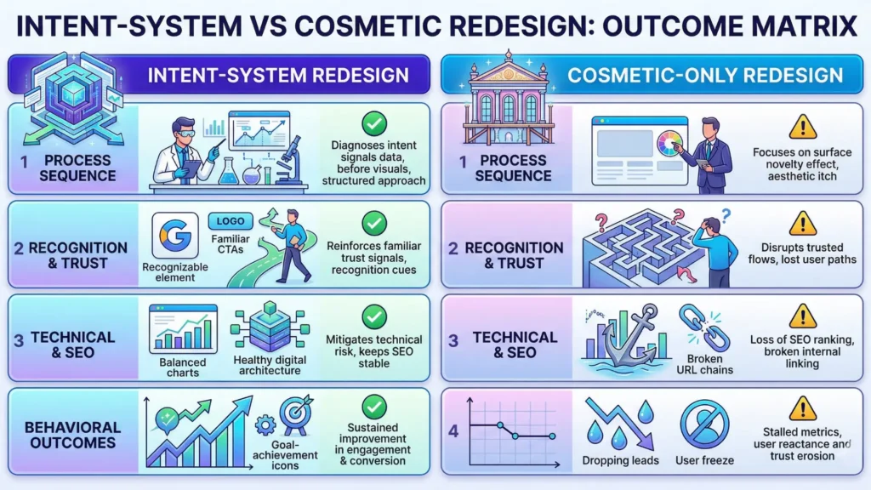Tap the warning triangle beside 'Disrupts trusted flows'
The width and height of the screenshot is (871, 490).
tap(802, 223)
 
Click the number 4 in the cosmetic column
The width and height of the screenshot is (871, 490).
tap(453, 430)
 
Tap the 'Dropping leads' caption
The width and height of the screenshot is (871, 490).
tap(620, 460)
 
